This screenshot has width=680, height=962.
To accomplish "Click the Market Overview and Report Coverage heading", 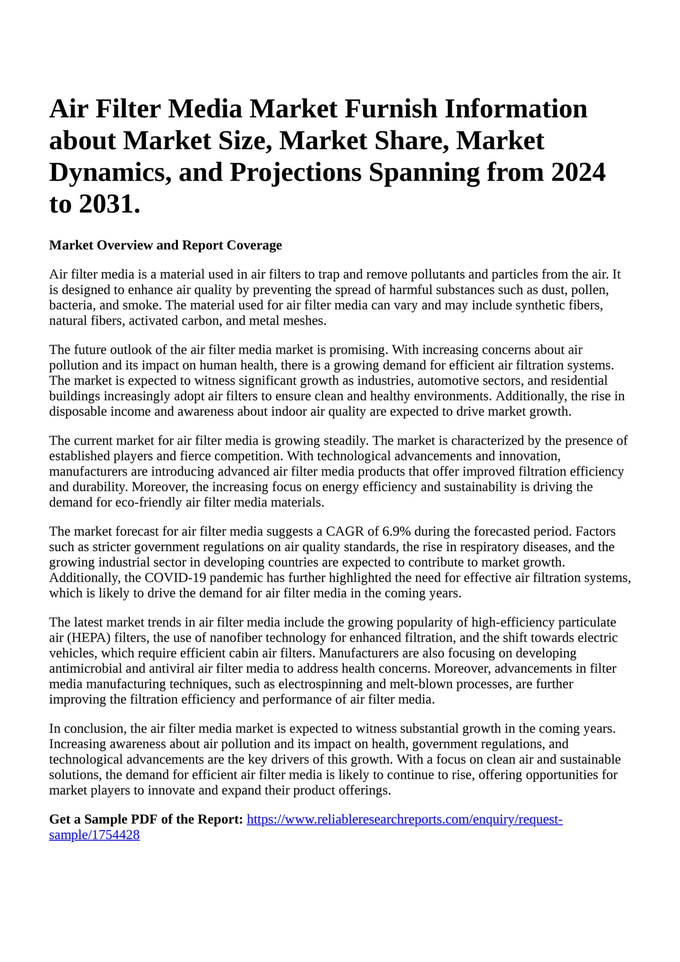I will (x=165, y=245).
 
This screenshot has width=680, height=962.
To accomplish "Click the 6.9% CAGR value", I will (x=396, y=531).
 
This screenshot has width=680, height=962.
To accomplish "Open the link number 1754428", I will (x=94, y=835).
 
